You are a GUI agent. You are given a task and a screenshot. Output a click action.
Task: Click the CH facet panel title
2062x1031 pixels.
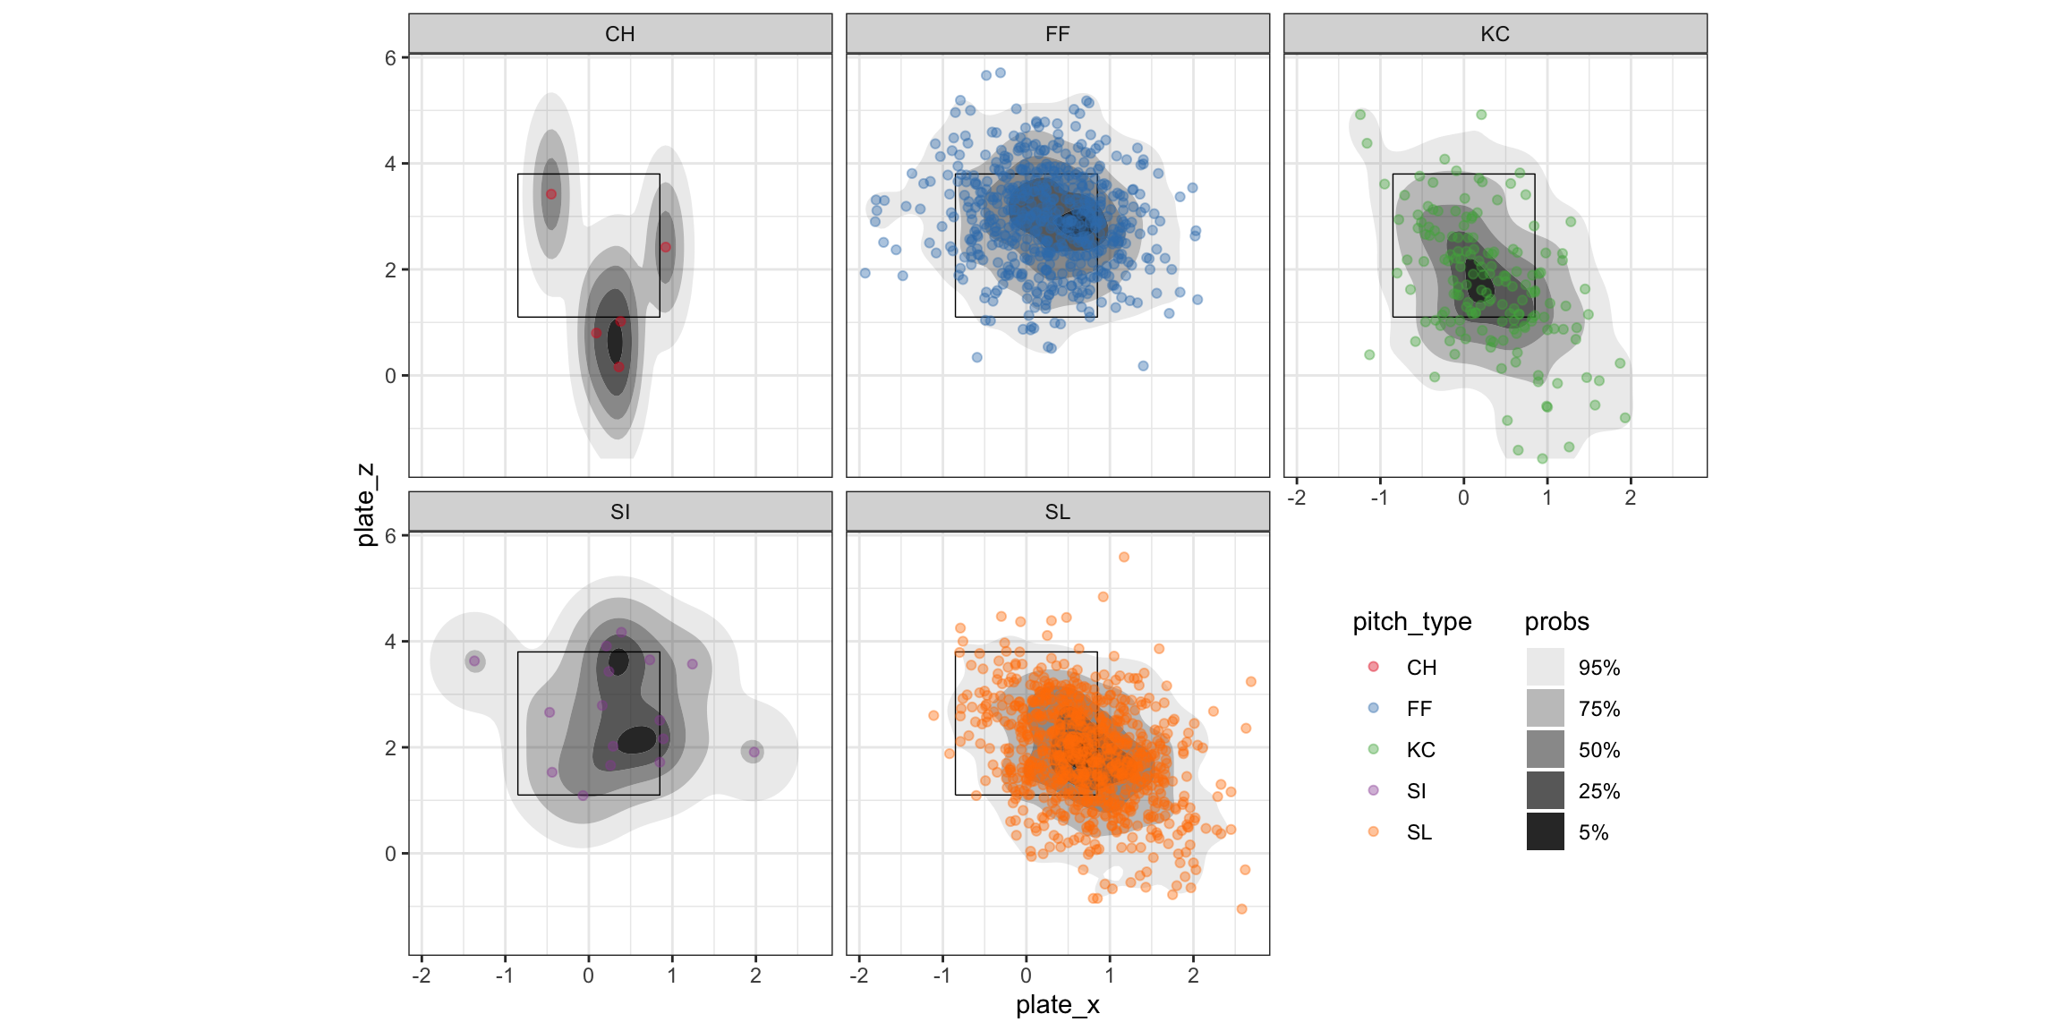(x=619, y=34)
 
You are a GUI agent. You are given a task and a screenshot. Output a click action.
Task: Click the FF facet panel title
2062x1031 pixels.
(x=1057, y=34)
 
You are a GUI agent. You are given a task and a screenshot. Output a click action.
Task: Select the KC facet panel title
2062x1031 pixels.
(x=1495, y=34)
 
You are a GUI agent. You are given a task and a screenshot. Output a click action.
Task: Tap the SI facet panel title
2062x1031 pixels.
(x=619, y=512)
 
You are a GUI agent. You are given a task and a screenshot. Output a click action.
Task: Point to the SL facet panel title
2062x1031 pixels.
(x=1057, y=512)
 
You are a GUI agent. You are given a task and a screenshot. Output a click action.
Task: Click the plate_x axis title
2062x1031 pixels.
(x=1057, y=1005)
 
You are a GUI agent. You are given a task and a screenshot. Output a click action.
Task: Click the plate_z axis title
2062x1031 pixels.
(x=365, y=505)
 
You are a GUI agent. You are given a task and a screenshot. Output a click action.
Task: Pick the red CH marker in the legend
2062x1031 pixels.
(x=1374, y=667)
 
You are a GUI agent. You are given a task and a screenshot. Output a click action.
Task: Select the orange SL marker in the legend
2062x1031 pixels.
(x=1374, y=831)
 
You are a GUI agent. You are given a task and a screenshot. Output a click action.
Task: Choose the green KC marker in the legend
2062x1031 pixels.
(x=1374, y=749)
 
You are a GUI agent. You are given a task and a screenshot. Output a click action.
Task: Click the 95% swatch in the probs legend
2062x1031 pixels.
(x=1545, y=667)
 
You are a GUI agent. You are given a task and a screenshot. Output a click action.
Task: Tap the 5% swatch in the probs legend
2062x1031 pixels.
(x=1545, y=831)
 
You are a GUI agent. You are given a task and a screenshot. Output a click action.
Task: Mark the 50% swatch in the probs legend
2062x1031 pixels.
(x=1545, y=749)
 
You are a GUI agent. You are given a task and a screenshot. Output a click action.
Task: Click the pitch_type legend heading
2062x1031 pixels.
(x=1411, y=622)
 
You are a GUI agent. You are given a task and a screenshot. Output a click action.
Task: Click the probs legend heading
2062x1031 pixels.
(x=1556, y=622)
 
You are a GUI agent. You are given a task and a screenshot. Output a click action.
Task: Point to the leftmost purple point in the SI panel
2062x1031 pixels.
(x=474, y=661)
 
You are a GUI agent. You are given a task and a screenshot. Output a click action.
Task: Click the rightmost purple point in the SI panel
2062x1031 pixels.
(x=754, y=752)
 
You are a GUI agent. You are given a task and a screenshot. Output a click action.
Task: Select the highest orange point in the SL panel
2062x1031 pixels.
(x=1124, y=557)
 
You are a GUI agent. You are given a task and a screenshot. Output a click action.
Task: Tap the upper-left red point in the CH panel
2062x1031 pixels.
(x=551, y=194)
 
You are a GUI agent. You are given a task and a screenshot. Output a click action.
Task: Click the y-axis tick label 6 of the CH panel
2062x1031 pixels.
(x=390, y=58)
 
